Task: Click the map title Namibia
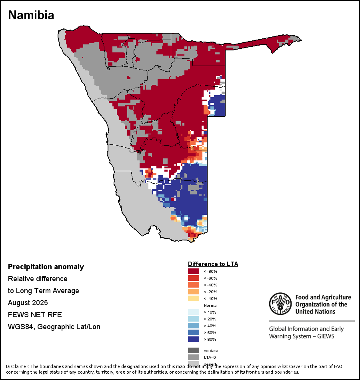pos(31,15)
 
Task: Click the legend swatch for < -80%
pos(194,271)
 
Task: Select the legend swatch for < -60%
pos(194,278)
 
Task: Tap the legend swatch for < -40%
pos(194,285)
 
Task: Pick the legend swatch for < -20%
pos(194,292)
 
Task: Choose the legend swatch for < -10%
pos(194,298)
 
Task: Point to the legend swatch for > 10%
pos(194,312)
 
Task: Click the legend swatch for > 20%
pos(194,319)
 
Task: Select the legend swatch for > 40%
pos(194,326)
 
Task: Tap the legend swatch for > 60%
pos(194,332)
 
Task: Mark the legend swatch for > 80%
pos(194,339)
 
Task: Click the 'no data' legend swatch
pos(194,350)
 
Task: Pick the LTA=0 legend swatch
pos(194,357)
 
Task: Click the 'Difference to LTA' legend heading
pos(213,264)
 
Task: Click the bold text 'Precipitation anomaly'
pos(46,267)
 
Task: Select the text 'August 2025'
pos(28,303)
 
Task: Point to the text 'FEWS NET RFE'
pos(35,315)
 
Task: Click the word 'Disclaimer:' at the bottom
pos(17,366)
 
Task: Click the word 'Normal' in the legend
pos(210,305)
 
